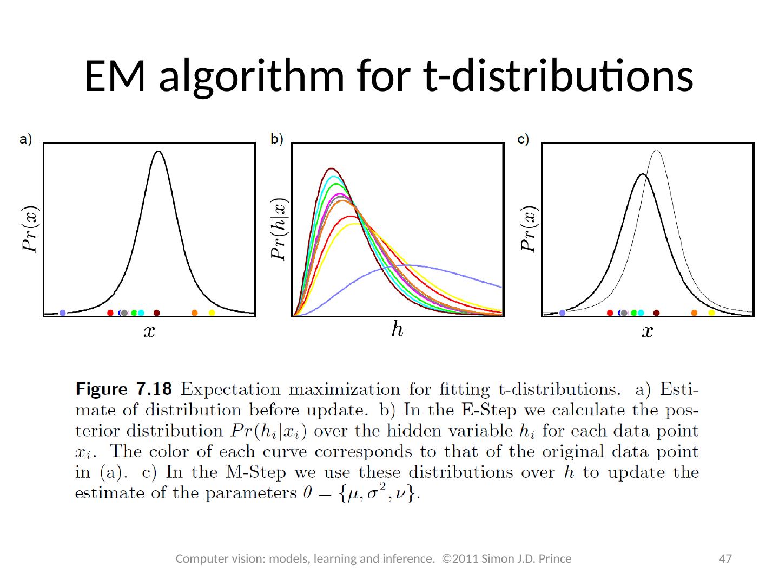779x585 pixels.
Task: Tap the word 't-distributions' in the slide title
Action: pos(557,76)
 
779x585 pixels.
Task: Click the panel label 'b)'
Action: pos(277,139)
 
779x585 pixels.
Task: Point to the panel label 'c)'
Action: pos(523,139)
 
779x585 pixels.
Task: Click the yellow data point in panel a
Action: pos(212,313)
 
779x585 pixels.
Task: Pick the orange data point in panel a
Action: pos(195,313)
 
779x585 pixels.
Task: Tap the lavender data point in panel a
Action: pos(63,313)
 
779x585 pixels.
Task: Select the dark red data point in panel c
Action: pos(656,313)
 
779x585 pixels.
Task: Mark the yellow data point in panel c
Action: pos(711,313)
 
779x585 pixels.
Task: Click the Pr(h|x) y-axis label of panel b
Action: pos(279,228)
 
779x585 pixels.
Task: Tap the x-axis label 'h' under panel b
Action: pos(397,328)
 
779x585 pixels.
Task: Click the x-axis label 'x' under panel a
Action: pos(149,331)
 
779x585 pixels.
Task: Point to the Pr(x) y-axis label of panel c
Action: pos(529,229)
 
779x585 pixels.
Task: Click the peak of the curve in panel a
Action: pos(158,152)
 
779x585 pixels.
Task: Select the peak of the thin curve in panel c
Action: pos(656,150)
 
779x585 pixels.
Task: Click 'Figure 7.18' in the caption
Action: pos(123,389)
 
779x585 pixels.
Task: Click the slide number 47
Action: pos(725,558)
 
